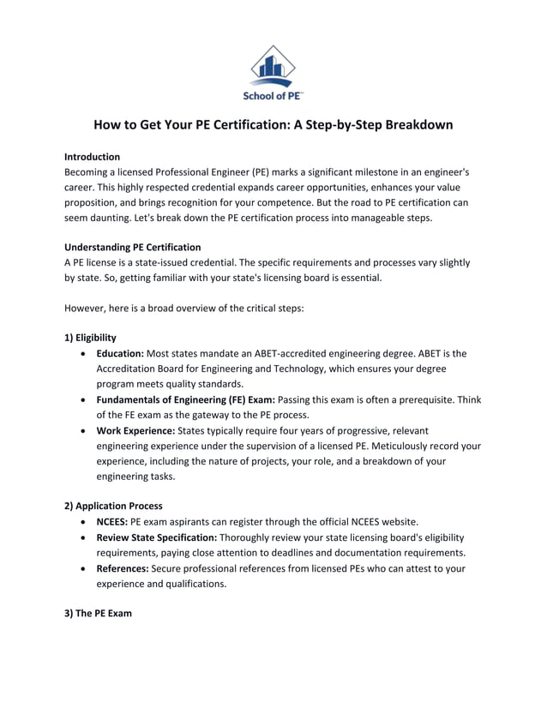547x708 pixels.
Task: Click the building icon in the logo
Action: (x=273, y=65)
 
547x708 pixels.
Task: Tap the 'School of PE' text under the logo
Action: (x=273, y=95)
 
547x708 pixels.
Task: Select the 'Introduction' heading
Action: (x=92, y=157)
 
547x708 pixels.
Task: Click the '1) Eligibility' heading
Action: (x=91, y=337)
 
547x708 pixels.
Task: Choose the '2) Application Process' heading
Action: (x=113, y=506)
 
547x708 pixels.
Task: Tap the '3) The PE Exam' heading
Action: (x=98, y=614)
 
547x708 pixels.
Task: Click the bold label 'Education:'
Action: (x=120, y=353)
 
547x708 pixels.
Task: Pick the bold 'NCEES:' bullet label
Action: (x=111, y=521)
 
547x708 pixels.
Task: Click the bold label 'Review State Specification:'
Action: (x=156, y=537)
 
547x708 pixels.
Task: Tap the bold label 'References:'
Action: (x=122, y=568)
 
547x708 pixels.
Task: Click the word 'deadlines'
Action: (x=319, y=553)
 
